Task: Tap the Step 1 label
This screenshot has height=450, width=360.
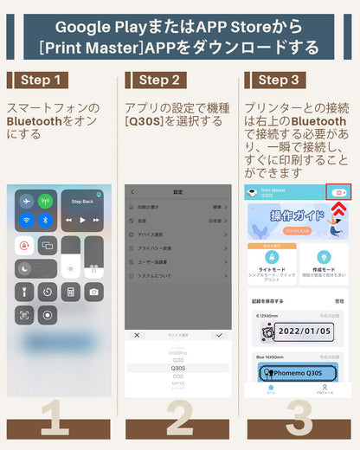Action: (38, 80)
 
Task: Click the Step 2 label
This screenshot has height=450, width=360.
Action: (157, 80)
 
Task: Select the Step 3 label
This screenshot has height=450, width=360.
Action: (279, 80)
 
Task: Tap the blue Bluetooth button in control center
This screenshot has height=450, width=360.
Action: (46, 220)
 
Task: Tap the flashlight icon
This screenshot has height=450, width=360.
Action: (24, 292)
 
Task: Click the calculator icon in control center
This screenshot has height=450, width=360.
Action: (70, 292)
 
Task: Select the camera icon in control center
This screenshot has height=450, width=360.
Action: (93, 292)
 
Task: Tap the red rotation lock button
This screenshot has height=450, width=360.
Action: (24, 245)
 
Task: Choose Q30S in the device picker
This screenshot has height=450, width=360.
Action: (178, 368)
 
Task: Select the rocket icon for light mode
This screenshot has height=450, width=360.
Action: (272, 257)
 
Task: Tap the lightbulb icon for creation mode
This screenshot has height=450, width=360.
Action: (324, 257)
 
